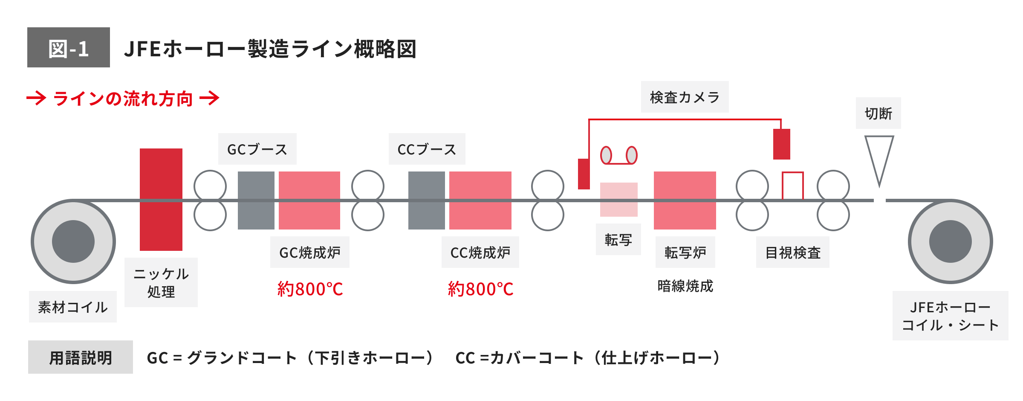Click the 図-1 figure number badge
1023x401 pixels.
(69, 47)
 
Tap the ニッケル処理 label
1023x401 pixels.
(161, 282)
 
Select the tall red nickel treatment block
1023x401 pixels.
(161, 199)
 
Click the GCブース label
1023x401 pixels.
(257, 149)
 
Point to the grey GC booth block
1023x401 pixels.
(256, 200)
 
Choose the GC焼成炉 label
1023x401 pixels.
(310, 253)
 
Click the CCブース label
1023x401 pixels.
(427, 149)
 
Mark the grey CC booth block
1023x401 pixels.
(426, 200)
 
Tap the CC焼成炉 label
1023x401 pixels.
(480, 253)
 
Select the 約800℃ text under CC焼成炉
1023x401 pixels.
(480, 289)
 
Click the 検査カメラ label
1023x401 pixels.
(685, 97)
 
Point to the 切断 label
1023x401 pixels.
(878, 113)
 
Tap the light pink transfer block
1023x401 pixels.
(618, 199)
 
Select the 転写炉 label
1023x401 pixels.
(685, 253)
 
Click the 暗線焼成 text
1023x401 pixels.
(685, 286)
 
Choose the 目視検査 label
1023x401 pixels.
(793, 253)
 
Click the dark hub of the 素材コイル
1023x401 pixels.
(73, 241)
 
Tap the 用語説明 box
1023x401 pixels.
(81, 357)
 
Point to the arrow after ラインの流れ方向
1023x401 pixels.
(209, 98)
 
